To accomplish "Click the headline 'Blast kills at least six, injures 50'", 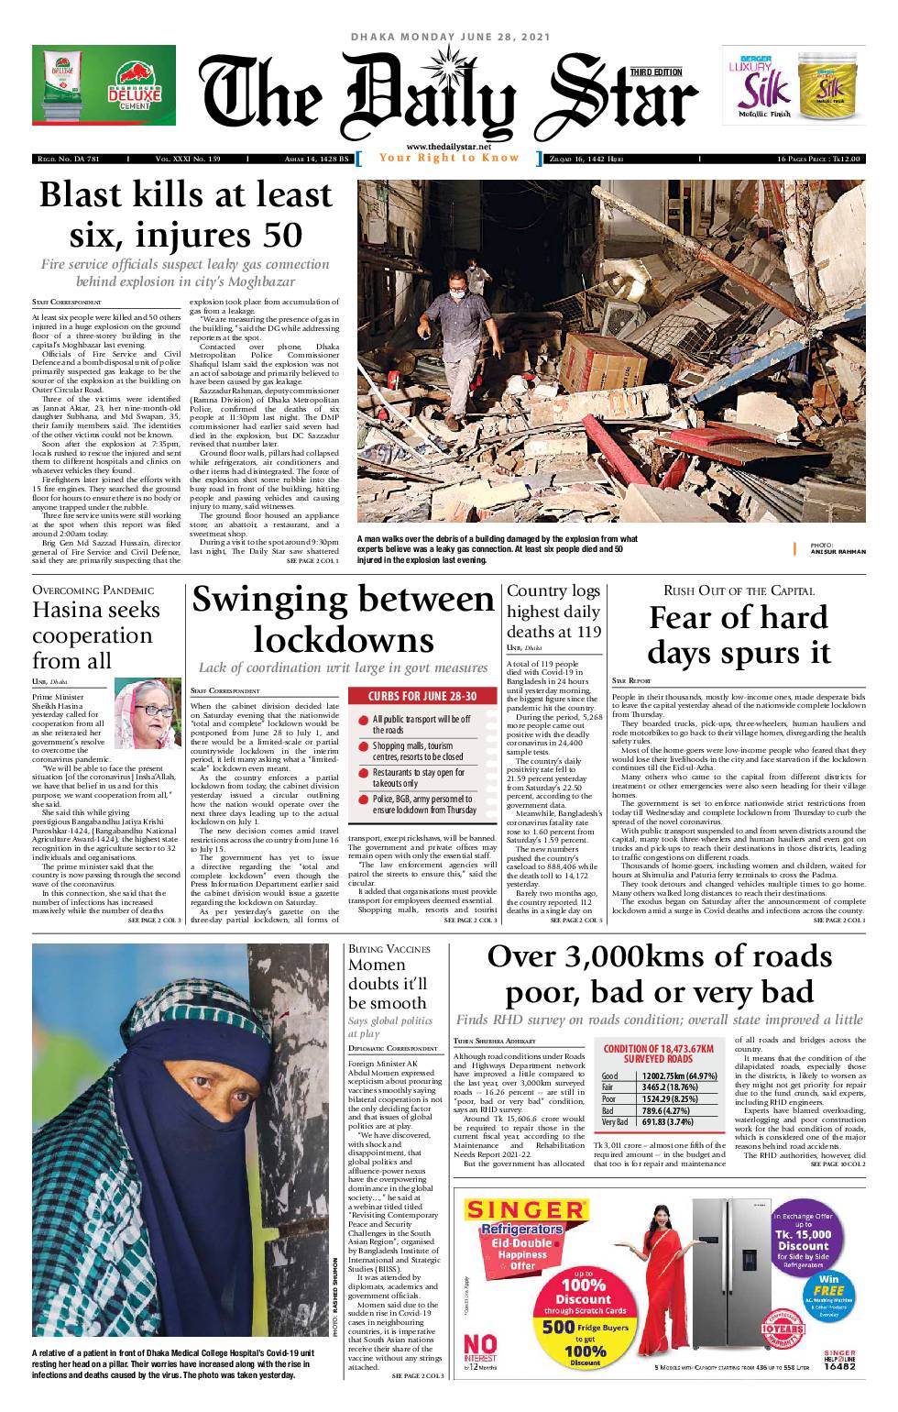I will (185, 215).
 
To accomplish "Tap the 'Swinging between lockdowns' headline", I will (343, 619).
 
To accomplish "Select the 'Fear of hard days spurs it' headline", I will (738, 634).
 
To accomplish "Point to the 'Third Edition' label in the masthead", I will (656, 72).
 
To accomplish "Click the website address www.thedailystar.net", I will (448, 148).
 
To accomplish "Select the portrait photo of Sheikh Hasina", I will (148, 712).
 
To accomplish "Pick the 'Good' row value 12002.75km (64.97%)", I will (679, 1076).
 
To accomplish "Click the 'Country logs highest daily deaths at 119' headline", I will (553, 611).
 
